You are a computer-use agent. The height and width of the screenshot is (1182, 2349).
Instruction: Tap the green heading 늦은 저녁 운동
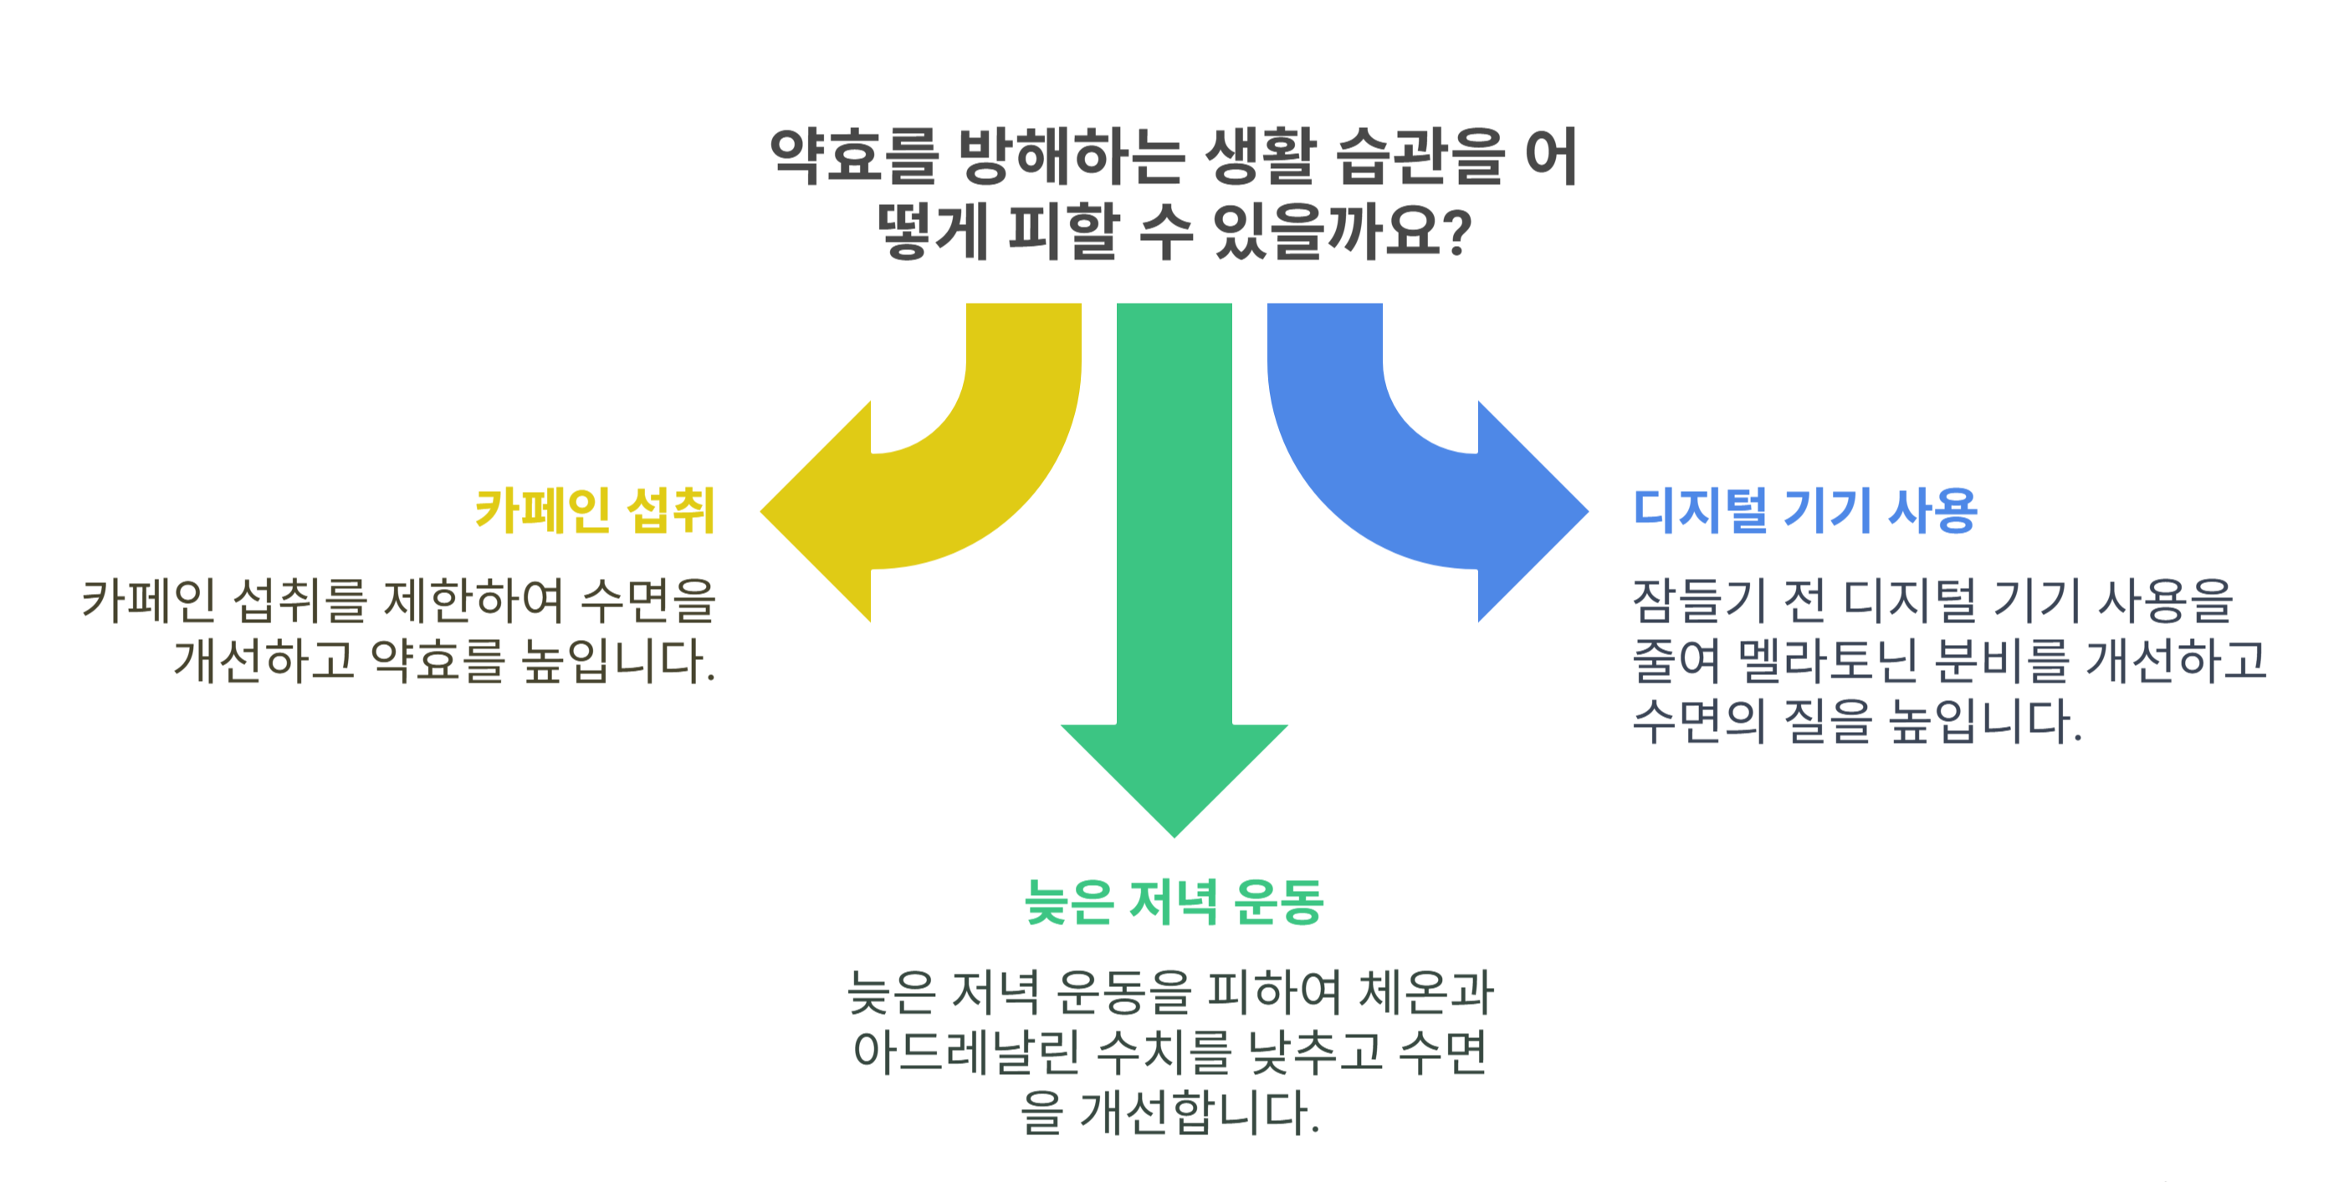pos(1174,902)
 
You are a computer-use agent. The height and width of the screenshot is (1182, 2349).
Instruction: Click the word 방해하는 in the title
pos(1072,157)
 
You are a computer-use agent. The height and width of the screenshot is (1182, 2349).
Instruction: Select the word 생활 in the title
pos(1260,157)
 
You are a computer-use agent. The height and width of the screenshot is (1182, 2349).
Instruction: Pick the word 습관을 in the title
pos(1419,157)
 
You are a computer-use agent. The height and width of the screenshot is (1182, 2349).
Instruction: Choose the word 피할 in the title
pos(1063,233)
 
